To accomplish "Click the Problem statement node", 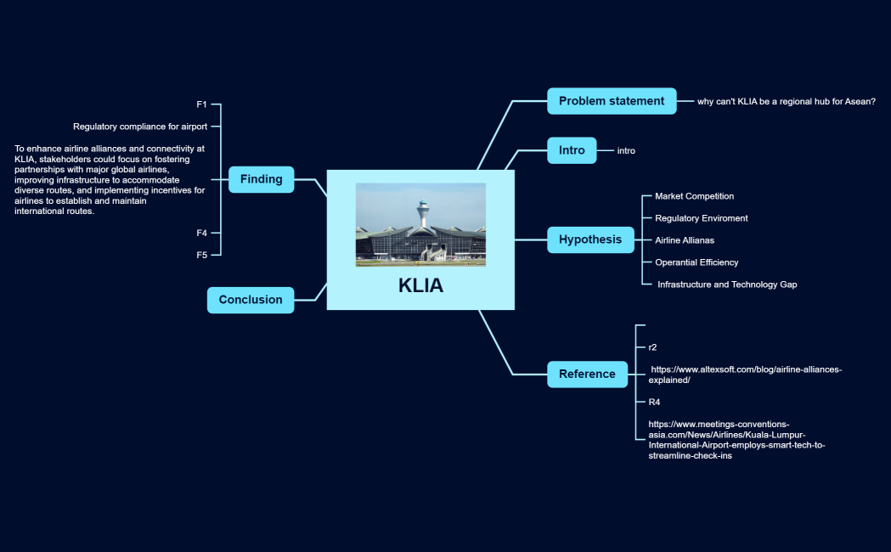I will [612, 101].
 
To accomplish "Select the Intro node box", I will [572, 150].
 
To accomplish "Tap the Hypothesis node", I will [590, 239].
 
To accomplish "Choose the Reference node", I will [587, 374].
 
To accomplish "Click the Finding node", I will [261, 179].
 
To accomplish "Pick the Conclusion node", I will [251, 300].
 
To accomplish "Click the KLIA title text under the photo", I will [420, 286].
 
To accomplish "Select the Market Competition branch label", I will [694, 196].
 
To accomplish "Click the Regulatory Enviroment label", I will [701, 218].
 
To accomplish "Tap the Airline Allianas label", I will [685, 240].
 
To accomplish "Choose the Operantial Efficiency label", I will [696, 262].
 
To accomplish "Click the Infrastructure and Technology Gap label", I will [727, 284].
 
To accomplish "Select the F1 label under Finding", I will [202, 104].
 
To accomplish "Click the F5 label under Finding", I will [202, 255].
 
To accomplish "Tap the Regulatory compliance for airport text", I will [140, 127].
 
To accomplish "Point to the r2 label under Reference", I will [652, 347].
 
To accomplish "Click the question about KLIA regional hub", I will [786, 102].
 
